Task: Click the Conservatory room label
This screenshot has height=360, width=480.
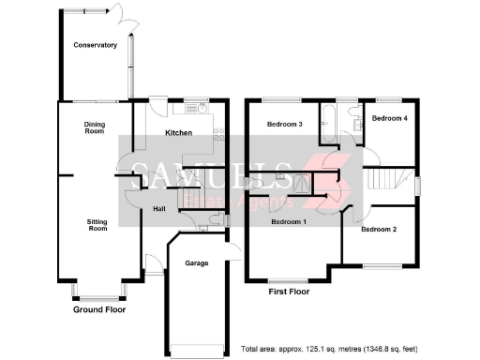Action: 95,45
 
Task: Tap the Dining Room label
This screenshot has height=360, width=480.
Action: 95,128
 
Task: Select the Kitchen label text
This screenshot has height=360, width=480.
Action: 178,133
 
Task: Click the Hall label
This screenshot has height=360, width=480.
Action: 159,208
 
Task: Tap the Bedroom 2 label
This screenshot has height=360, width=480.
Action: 380,229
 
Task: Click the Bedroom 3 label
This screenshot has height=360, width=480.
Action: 284,125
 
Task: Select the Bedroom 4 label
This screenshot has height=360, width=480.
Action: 388,118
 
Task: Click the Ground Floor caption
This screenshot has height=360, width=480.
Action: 99,309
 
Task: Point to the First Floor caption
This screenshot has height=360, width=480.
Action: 288,292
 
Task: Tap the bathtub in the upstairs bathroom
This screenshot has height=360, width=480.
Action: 330,123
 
